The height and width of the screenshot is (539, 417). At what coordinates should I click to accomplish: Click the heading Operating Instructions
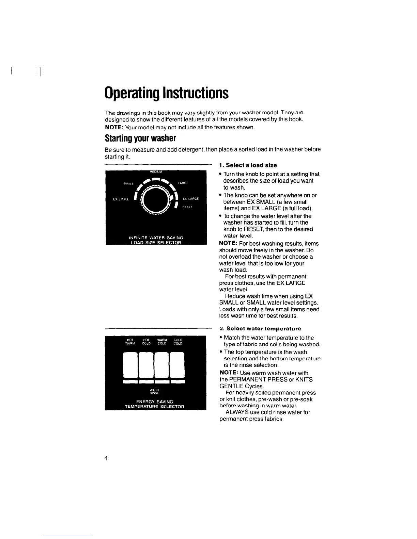click(167, 93)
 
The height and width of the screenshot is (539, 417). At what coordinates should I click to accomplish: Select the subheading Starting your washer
click(140, 138)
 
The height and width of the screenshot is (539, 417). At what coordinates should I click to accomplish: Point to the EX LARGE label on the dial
click(190, 198)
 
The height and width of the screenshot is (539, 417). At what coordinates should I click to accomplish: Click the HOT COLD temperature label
click(146, 342)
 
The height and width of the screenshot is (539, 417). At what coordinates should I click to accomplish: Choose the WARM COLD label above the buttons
click(162, 342)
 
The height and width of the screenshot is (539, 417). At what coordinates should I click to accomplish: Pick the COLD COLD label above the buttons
click(178, 342)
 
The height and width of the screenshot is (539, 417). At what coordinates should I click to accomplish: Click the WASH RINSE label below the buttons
click(154, 391)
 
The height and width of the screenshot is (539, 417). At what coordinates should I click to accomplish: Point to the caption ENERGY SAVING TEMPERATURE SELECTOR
click(154, 404)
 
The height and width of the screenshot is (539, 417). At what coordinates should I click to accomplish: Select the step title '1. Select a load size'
click(248, 165)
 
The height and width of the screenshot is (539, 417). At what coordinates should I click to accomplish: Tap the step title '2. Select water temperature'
click(260, 329)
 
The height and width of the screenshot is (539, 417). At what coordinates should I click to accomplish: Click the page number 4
click(106, 458)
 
